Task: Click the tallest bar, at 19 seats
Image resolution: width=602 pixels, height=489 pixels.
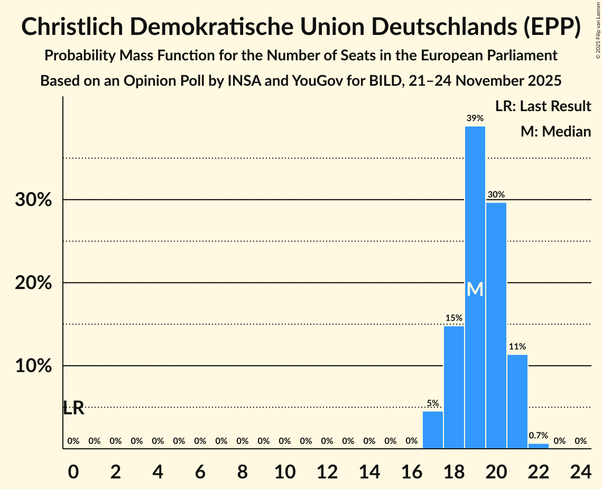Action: (x=475, y=287)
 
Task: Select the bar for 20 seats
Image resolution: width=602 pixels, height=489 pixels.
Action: (x=496, y=325)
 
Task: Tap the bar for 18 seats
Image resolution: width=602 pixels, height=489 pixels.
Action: (x=454, y=387)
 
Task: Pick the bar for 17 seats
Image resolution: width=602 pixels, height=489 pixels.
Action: (x=433, y=430)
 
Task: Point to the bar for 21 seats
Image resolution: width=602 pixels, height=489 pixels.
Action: (x=517, y=402)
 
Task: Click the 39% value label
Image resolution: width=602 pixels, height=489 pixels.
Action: (x=475, y=119)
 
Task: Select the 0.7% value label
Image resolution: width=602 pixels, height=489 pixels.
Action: (x=539, y=436)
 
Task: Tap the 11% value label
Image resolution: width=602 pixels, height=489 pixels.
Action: (x=517, y=347)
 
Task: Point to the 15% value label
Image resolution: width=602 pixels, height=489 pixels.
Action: (x=454, y=318)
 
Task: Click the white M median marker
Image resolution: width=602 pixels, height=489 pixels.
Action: (x=475, y=289)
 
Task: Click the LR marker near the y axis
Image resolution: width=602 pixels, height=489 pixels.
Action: (x=73, y=408)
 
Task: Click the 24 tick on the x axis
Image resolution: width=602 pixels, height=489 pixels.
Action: (x=581, y=470)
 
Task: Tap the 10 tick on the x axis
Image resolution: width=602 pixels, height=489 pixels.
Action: (x=285, y=470)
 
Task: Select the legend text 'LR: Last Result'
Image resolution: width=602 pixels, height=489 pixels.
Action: (x=543, y=106)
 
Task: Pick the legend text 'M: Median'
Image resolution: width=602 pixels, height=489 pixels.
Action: (x=555, y=131)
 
